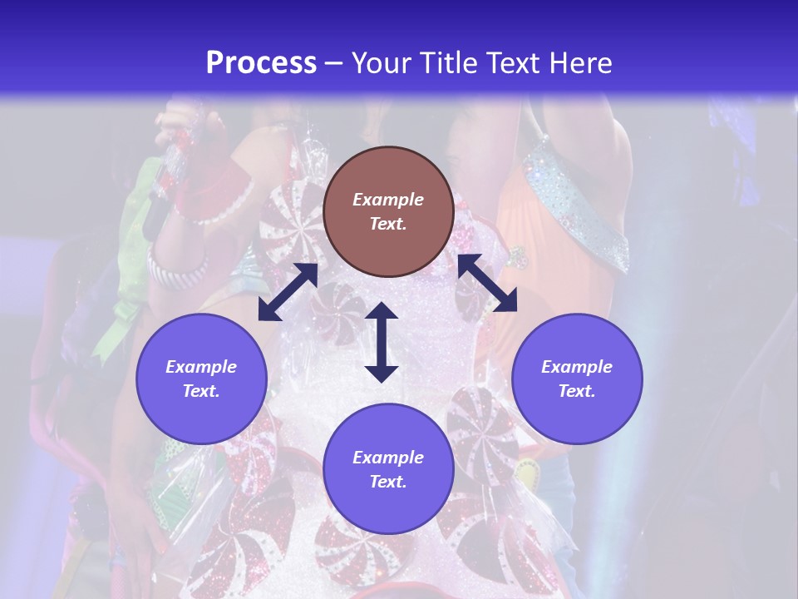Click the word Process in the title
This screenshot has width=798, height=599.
(261, 63)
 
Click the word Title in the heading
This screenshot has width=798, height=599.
(442, 63)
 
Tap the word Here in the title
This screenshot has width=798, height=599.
(579, 63)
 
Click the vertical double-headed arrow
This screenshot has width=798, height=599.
(382, 342)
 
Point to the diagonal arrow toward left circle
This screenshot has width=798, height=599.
(288, 292)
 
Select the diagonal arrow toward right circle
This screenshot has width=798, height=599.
(487, 284)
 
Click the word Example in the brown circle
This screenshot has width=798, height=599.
(388, 200)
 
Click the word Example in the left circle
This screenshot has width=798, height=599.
(201, 367)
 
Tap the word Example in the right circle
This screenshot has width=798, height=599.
(577, 367)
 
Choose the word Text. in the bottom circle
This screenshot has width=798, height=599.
(388, 482)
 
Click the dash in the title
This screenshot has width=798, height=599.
(334, 64)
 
